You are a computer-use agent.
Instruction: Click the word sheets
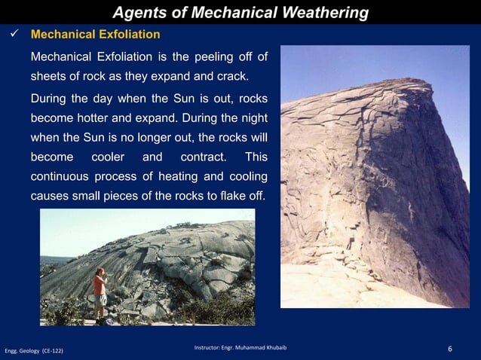click(48, 78)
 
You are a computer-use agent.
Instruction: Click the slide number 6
click(450, 349)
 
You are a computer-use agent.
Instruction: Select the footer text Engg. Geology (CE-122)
click(34, 351)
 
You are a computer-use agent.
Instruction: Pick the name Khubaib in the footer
click(274, 347)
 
